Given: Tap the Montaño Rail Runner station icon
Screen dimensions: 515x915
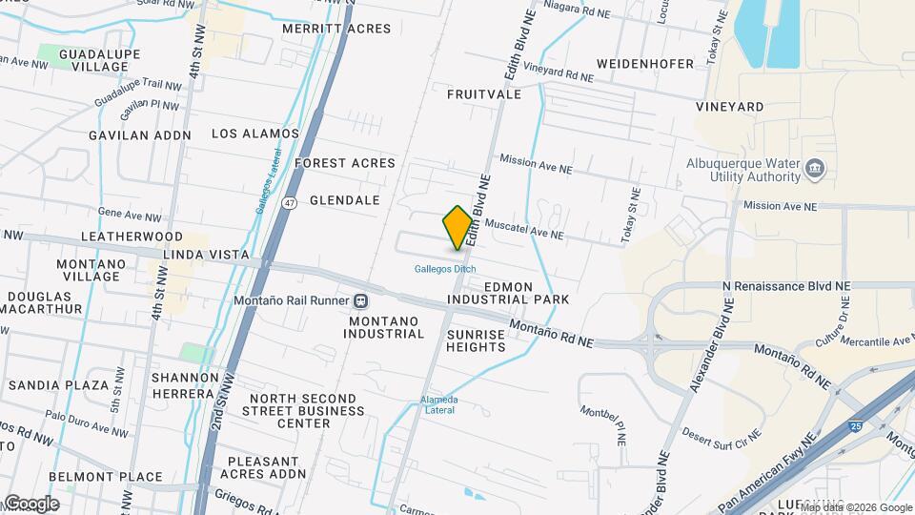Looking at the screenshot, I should tap(360, 301).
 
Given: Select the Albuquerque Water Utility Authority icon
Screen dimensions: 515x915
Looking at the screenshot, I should tap(815, 170).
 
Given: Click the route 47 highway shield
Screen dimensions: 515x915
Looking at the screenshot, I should tap(290, 202).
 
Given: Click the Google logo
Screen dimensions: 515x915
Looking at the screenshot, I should tap(30, 504).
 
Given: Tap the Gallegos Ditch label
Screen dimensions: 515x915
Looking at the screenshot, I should tap(444, 269).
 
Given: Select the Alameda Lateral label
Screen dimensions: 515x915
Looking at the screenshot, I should tap(438, 404).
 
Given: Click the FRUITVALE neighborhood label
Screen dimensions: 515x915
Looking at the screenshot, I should tap(483, 94).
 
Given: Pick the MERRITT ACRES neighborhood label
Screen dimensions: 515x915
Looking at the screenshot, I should tap(336, 29).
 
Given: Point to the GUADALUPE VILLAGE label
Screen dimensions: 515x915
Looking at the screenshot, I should tap(93, 61).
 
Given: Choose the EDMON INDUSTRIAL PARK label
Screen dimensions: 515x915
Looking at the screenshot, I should tap(526, 293).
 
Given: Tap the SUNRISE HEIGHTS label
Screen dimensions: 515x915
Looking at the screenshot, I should tap(476, 340).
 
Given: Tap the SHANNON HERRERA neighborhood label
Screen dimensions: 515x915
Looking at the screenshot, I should tap(182, 385).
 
